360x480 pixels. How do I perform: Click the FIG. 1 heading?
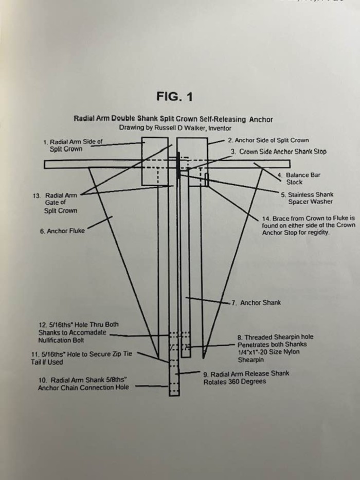pyautogui.click(x=175, y=96)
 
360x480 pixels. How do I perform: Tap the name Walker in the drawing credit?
pyautogui.click(x=196, y=128)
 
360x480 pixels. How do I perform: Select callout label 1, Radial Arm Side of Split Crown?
pyautogui.click(x=73, y=146)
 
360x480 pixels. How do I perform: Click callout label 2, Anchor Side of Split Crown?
pyautogui.click(x=268, y=140)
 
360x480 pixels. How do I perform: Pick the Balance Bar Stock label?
pyautogui.click(x=299, y=179)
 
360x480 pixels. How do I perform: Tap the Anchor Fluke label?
pyautogui.click(x=62, y=231)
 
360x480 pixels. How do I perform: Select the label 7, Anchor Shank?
pyautogui.click(x=256, y=303)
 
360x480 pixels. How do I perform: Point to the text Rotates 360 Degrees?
pyautogui.click(x=235, y=382)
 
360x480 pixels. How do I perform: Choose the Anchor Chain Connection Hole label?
pyautogui.click(x=83, y=387)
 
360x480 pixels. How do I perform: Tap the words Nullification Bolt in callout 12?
pyautogui.click(x=61, y=340)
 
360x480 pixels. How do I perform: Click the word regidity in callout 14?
pyautogui.click(x=318, y=233)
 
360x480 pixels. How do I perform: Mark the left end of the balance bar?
pyautogui.click(x=44, y=165)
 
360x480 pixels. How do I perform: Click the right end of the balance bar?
pyautogui.click(x=290, y=164)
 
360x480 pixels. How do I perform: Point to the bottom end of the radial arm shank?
pyautogui.click(x=174, y=396)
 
